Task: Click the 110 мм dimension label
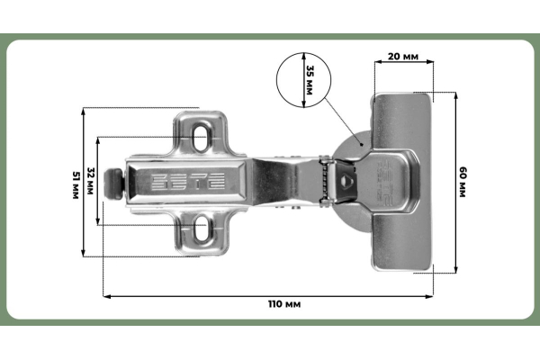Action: pos(284,304)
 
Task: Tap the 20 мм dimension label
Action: pos(403,56)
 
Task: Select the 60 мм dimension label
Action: pos(463,182)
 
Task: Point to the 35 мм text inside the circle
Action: pos(310,80)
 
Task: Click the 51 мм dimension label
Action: pos(76,185)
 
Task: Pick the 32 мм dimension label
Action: pos(90,181)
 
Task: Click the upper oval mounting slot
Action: pos(201,137)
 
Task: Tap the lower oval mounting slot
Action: pos(201,228)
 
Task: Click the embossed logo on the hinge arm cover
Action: pos(188,182)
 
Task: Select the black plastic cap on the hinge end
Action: pos(114,184)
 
